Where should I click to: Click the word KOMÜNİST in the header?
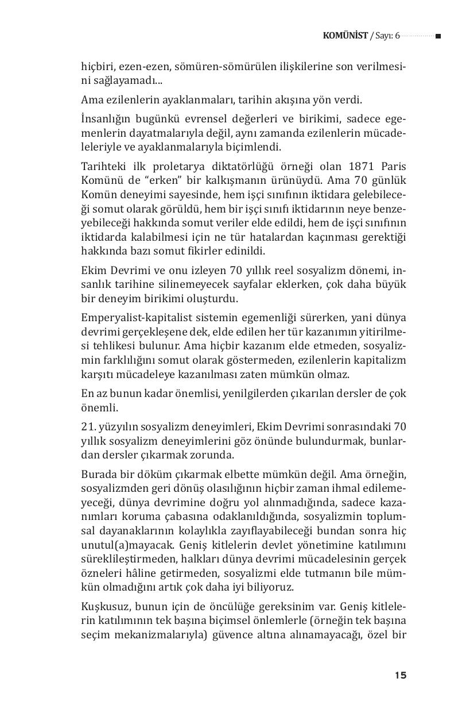(x=346, y=36)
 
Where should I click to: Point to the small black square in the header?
(x=438, y=36)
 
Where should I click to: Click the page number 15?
(x=401, y=675)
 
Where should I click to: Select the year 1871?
(x=362, y=167)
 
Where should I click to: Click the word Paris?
(x=394, y=167)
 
